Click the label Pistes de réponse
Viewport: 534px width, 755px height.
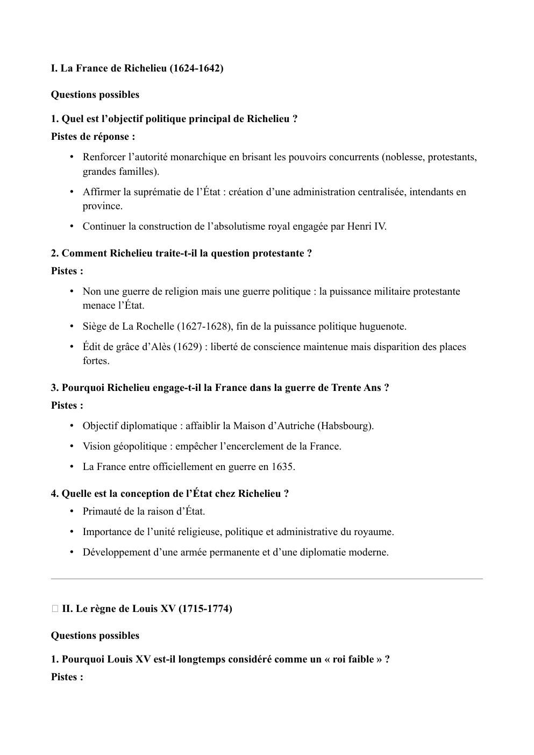tap(92, 137)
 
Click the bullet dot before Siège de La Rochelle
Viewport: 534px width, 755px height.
tap(72, 326)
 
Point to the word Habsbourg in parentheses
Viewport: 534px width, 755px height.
tap(344, 426)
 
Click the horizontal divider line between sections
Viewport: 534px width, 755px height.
tap(267, 579)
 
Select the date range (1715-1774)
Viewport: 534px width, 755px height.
tap(205, 609)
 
